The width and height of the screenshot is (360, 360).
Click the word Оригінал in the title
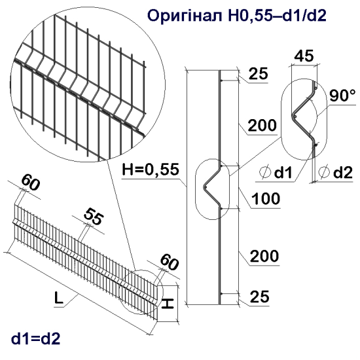tap(186, 16)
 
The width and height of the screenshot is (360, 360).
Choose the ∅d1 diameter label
tap(278, 173)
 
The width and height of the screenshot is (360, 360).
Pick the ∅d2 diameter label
tap(335, 173)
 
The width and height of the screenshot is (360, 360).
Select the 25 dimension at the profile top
tap(259, 75)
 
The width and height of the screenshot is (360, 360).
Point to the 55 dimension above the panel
tap(94, 219)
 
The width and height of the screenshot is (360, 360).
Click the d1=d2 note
tap(36, 338)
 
